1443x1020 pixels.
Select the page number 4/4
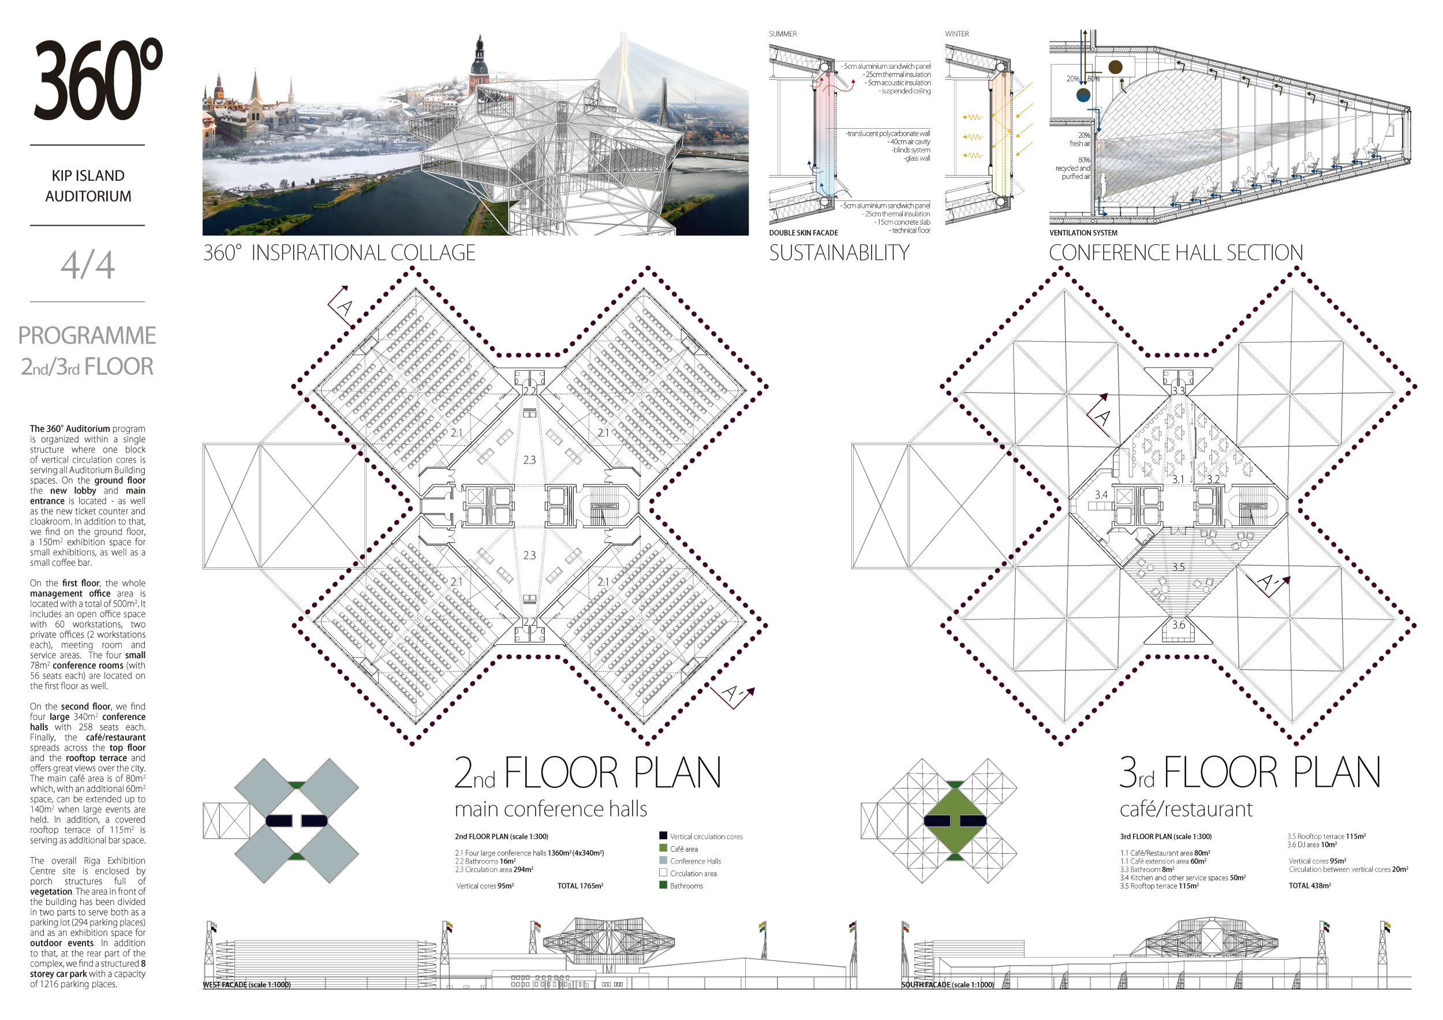click(87, 264)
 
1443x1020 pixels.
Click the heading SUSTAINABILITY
click(839, 253)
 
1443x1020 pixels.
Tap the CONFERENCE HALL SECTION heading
click(1175, 253)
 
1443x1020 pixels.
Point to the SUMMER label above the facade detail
click(783, 34)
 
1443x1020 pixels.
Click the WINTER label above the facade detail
click(956, 34)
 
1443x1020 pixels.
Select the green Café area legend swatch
click(663, 848)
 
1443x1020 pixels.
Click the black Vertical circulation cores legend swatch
click(663, 835)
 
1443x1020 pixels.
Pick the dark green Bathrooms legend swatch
click(663, 885)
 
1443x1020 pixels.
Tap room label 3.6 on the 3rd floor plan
click(1178, 625)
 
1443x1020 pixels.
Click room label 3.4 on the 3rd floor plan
click(1101, 495)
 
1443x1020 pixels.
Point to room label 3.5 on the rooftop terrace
click(1178, 567)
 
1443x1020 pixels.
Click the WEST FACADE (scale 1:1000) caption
click(246, 985)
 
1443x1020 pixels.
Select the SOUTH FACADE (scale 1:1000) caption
click(948, 985)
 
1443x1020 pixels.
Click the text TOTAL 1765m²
click(580, 886)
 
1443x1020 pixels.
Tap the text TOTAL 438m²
click(1310, 886)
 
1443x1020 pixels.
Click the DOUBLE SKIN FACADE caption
click(803, 233)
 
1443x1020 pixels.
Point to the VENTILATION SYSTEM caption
click(1083, 233)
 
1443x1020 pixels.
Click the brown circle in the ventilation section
click(1116, 66)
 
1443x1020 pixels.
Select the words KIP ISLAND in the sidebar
click(88, 176)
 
